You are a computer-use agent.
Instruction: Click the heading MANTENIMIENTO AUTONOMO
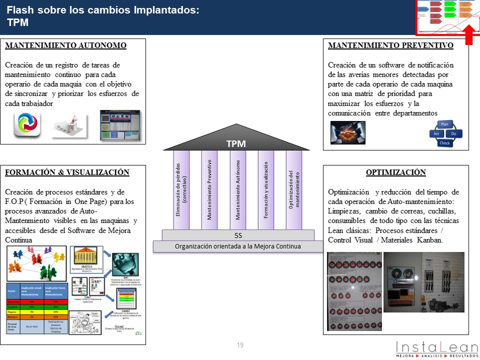(65, 45)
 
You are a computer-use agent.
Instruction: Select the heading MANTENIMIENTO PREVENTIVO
(390, 45)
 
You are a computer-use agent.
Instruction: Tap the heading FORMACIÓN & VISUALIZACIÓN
(67, 172)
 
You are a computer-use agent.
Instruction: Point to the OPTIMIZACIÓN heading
(395, 172)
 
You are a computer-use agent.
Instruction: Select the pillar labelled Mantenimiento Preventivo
(209, 190)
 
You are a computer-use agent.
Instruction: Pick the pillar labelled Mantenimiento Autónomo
(238, 190)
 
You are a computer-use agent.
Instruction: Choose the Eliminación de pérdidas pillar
(181, 190)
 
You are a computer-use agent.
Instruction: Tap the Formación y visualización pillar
(266, 190)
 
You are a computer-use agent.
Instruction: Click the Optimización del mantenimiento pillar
(294, 190)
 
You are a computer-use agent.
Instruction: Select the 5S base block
(238, 235)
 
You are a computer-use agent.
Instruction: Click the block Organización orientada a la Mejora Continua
(238, 246)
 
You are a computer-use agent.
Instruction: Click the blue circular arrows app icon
(27, 125)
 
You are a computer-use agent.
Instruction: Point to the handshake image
(348, 132)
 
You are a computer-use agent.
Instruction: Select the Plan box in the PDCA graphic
(444, 124)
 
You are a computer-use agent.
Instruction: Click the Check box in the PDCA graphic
(444, 143)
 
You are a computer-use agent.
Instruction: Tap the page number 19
(240, 345)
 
